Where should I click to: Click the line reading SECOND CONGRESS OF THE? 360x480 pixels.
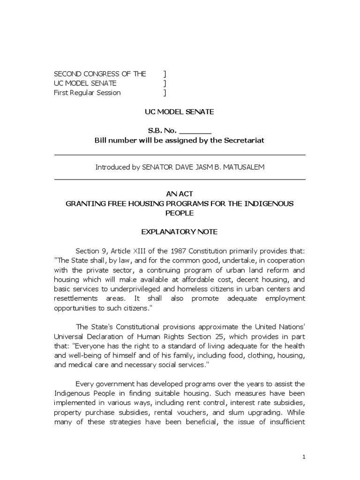coord(100,74)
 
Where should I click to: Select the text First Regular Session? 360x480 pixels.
coord(87,93)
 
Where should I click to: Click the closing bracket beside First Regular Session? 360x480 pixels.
coord(165,93)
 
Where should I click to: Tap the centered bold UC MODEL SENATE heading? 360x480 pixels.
coord(180,112)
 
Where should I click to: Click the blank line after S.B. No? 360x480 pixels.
coord(195,132)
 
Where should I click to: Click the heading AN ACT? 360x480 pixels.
coord(180,194)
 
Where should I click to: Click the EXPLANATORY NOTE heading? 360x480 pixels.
coord(180,232)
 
